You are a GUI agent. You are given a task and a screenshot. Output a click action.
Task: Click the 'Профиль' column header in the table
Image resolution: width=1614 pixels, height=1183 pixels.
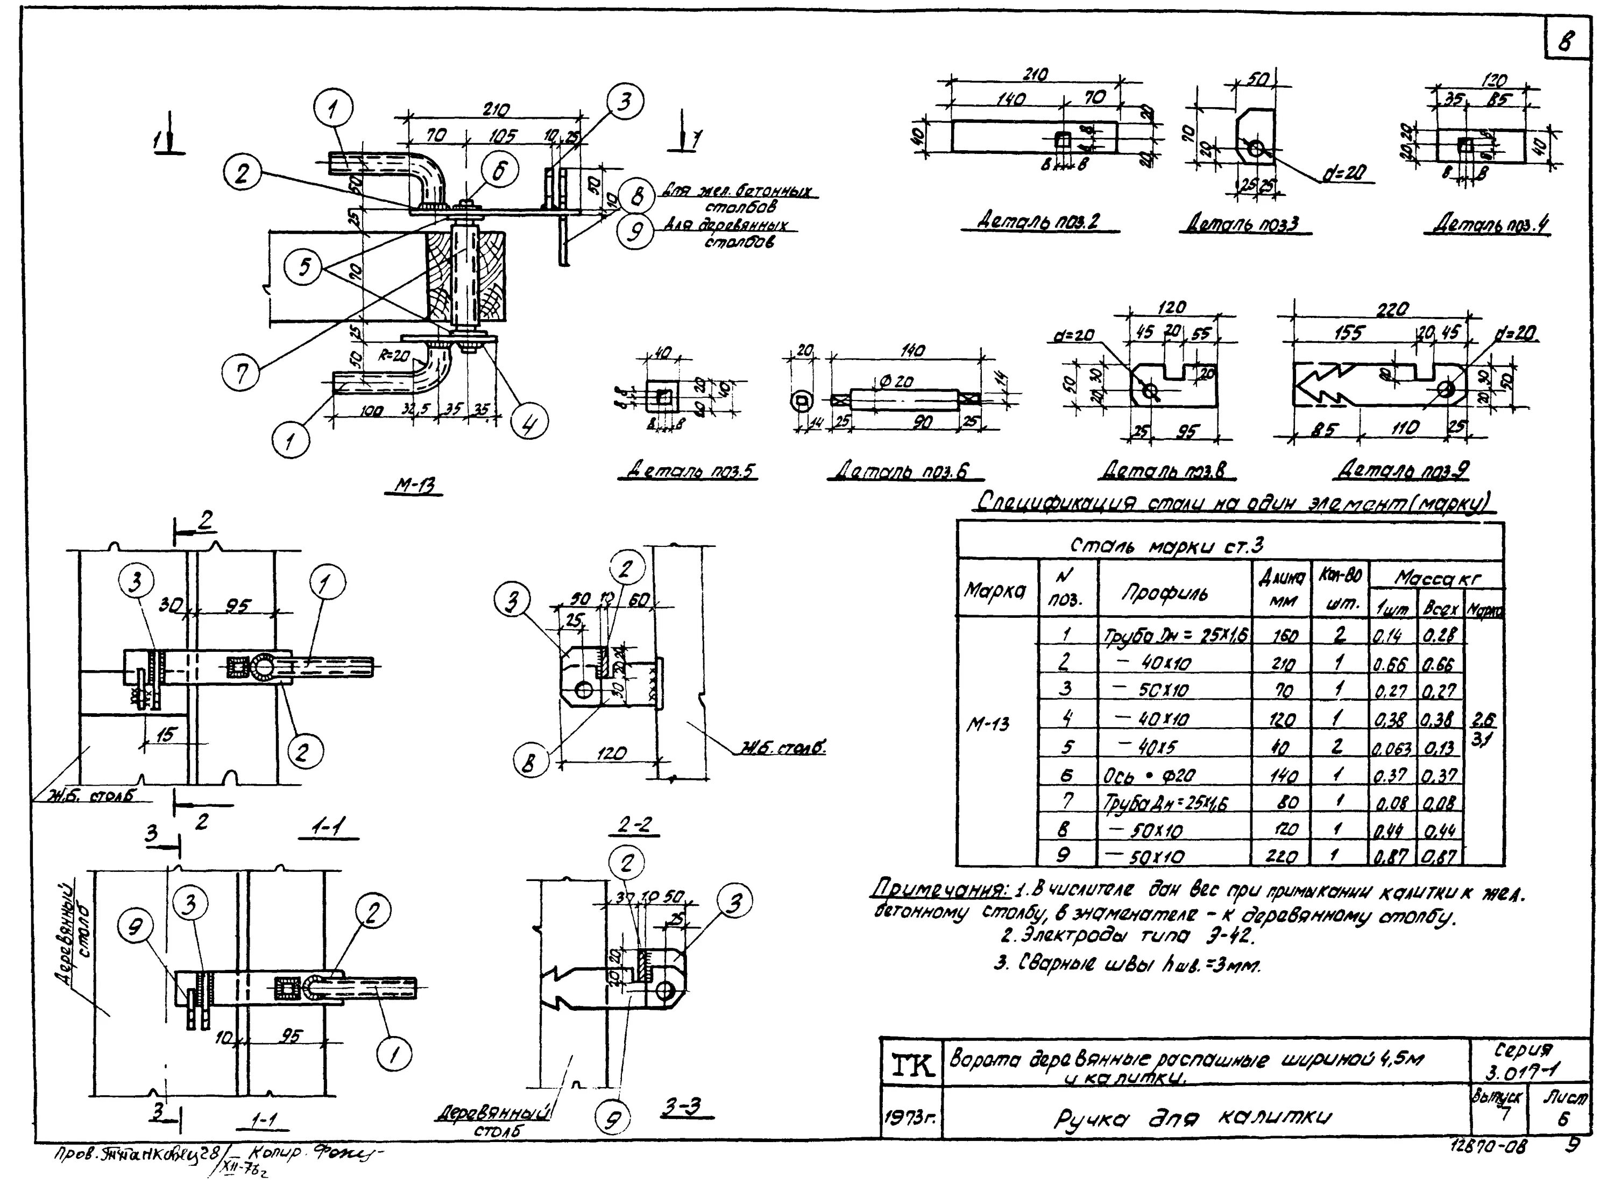click(1164, 593)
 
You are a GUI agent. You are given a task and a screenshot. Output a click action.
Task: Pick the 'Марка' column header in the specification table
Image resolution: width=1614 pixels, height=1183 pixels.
click(996, 591)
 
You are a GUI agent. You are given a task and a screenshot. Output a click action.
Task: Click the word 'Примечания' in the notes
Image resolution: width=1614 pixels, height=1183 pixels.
click(939, 891)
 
